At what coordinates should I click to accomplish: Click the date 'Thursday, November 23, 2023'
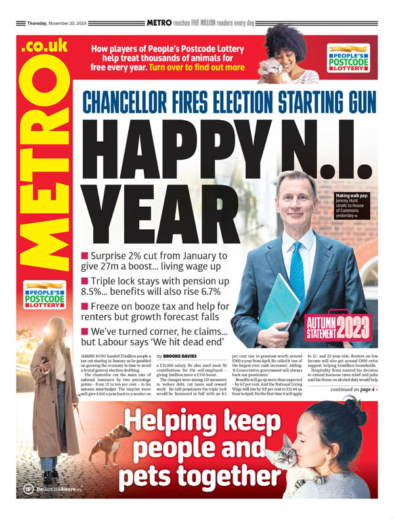click(57, 23)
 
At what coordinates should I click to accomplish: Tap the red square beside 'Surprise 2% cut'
click(85, 255)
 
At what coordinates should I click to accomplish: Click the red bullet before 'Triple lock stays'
click(85, 281)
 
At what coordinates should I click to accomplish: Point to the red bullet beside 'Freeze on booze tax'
click(85, 307)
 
